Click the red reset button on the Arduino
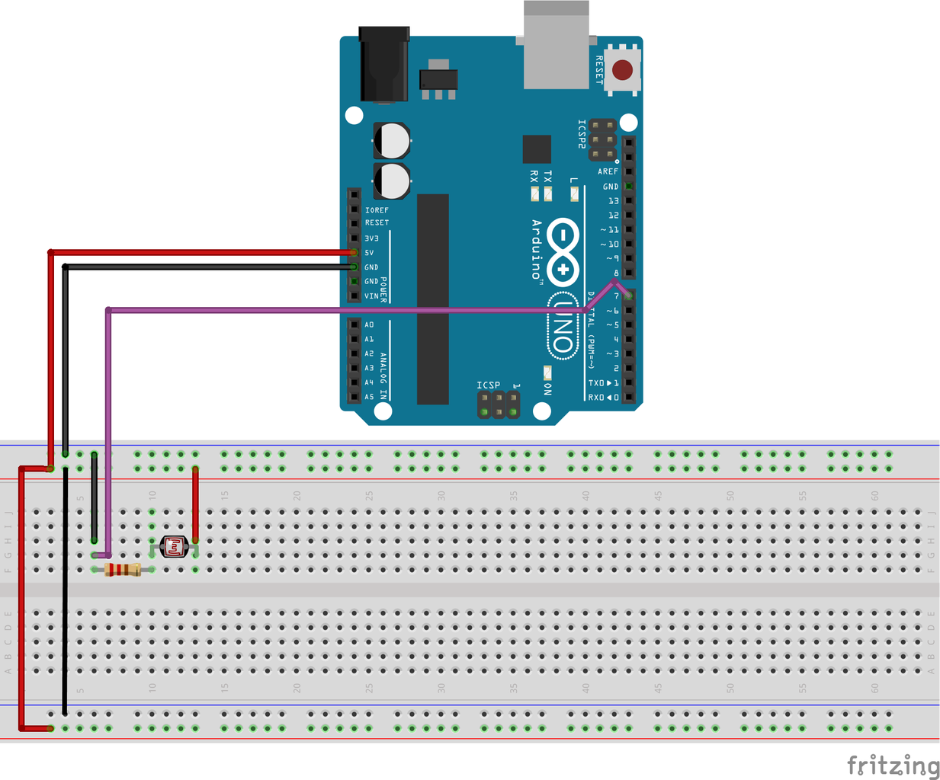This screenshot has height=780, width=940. tap(622, 71)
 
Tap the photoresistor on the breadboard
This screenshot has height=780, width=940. tap(175, 546)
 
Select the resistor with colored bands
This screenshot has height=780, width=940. tap(123, 570)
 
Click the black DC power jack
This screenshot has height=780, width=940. tap(383, 65)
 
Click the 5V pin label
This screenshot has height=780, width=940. tap(370, 253)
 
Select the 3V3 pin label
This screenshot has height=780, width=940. tap(371, 238)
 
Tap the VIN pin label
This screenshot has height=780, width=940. tap(371, 296)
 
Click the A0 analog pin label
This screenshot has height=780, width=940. tap(370, 325)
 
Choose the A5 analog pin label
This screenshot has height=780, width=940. tap(370, 397)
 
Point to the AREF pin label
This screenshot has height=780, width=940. tap(608, 172)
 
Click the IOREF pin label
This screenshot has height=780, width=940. tap(377, 210)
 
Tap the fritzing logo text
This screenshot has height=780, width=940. tap(893, 765)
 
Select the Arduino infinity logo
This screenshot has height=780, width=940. tap(563, 252)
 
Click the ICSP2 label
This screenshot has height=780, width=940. tap(582, 134)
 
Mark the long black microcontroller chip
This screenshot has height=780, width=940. tap(432, 299)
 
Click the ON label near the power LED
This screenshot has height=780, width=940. tap(547, 388)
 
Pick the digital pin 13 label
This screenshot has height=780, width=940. tap(613, 201)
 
